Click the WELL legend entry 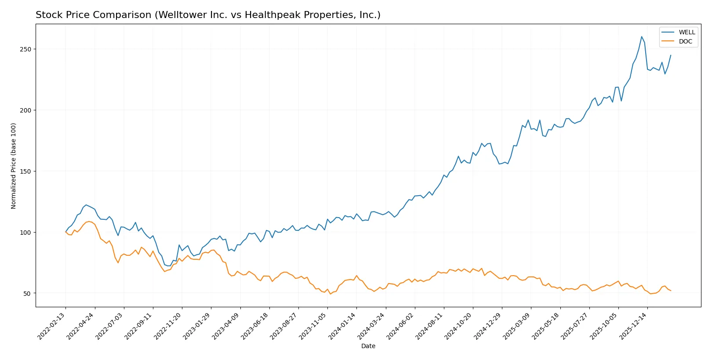687,32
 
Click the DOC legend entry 685,41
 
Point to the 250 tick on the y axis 25,49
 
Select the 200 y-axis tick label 25,110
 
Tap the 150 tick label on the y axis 25,171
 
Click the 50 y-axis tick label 27,294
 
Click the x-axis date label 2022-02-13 52,326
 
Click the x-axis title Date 368,346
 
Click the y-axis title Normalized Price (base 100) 14,166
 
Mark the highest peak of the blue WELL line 641,36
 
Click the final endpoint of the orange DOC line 671,291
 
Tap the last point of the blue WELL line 671,55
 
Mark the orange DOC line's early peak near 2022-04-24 89,221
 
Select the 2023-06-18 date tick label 256,326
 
